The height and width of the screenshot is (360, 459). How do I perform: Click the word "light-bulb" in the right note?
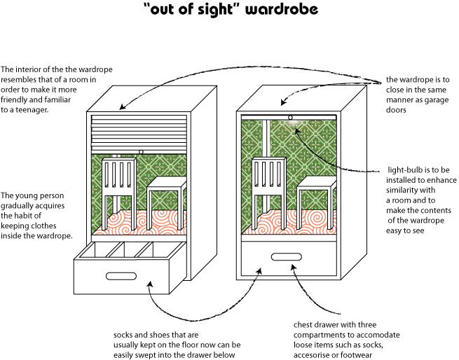point(408,169)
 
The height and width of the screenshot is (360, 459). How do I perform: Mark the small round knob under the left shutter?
point(142,151)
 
